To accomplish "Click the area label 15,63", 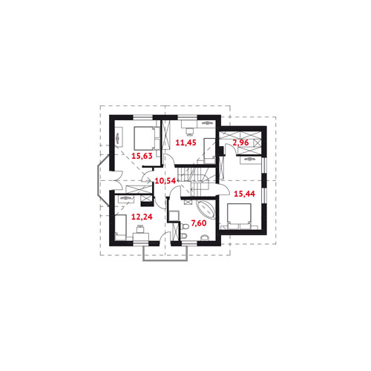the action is click(142, 156).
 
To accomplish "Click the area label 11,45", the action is click(185, 142).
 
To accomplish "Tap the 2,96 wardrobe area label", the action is click(240, 142).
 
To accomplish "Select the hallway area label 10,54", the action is click(165, 181).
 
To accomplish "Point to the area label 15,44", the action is click(244, 194).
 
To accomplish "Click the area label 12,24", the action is click(142, 217).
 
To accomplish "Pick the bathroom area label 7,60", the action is click(199, 223).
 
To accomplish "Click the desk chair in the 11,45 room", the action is click(190, 131).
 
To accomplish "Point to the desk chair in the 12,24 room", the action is click(140, 229).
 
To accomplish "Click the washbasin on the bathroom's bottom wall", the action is click(205, 238).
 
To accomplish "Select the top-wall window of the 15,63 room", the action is click(143, 117).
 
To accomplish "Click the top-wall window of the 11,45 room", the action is click(188, 117).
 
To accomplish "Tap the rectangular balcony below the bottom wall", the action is click(165, 253).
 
